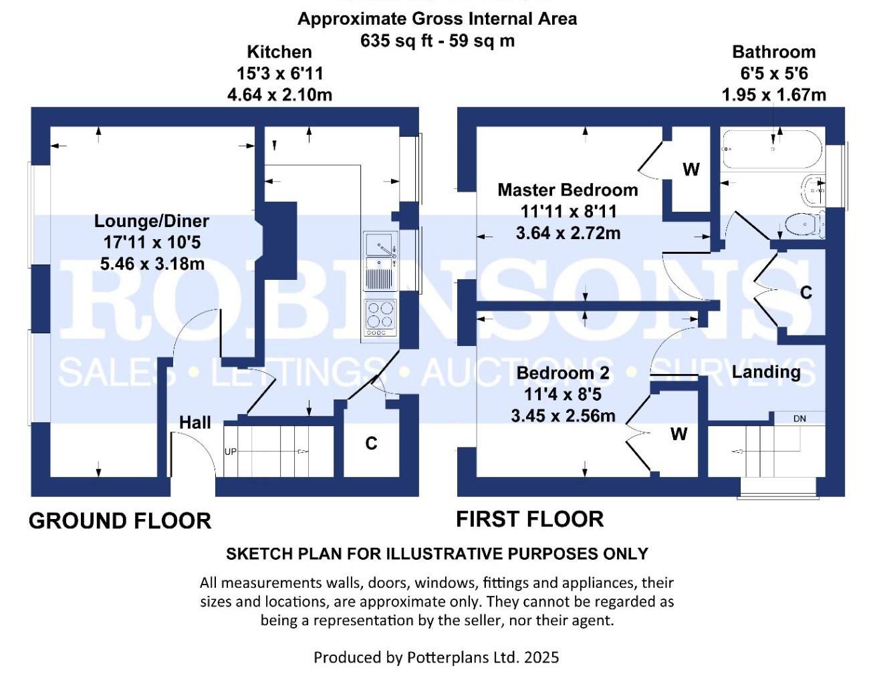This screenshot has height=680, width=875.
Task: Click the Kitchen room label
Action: point(279,52)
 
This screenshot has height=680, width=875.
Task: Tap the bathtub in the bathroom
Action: point(768,148)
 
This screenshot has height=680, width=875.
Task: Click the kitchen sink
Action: point(380,261)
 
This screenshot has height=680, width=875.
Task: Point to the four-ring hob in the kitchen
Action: point(380,318)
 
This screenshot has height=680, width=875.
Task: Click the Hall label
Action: point(195,422)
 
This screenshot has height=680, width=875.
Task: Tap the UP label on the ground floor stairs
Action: point(231,452)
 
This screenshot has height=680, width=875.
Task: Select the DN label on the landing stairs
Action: point(799,419)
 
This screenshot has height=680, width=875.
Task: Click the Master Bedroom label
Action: point(568,190)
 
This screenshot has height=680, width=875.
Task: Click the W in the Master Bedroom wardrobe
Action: point(691,170)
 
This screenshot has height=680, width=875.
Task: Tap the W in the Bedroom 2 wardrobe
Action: point(678,434)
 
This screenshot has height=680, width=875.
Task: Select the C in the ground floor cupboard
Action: point(371,443)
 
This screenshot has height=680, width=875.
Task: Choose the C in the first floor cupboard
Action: point(805,293)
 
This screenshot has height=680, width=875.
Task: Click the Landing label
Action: point(766,372)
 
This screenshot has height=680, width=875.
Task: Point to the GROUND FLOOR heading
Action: point(120,521)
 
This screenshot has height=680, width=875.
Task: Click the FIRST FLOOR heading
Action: point(529,519)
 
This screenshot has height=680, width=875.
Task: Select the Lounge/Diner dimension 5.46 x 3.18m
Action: point(152,264)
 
